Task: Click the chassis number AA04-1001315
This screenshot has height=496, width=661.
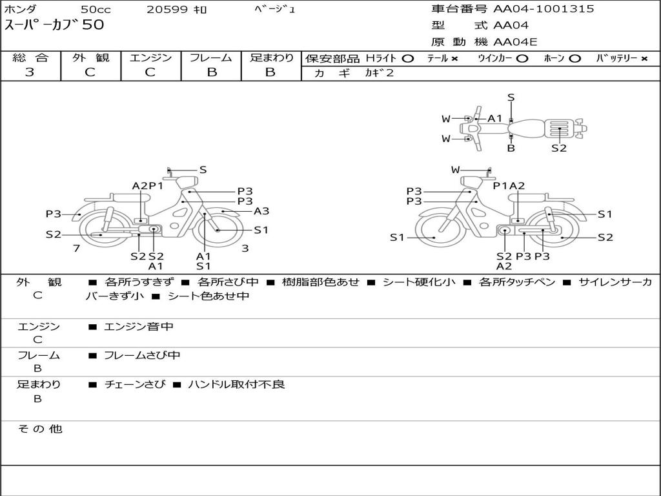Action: click(544, 9)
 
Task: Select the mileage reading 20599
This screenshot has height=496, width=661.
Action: click(167, 10)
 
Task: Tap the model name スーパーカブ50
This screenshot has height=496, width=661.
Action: click(54, 25)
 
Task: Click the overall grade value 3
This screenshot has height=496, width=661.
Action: click(30, 72)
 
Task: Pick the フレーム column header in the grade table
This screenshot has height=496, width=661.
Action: click(211, 57)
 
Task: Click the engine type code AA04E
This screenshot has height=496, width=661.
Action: click(515, 42)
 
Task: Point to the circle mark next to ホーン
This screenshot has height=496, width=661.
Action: click(575, 59)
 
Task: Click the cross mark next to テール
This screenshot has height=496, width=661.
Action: click(454, 59)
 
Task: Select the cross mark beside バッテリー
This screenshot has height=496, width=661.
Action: click(644, 59)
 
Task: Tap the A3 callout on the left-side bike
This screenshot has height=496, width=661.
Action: click(261, 211)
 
